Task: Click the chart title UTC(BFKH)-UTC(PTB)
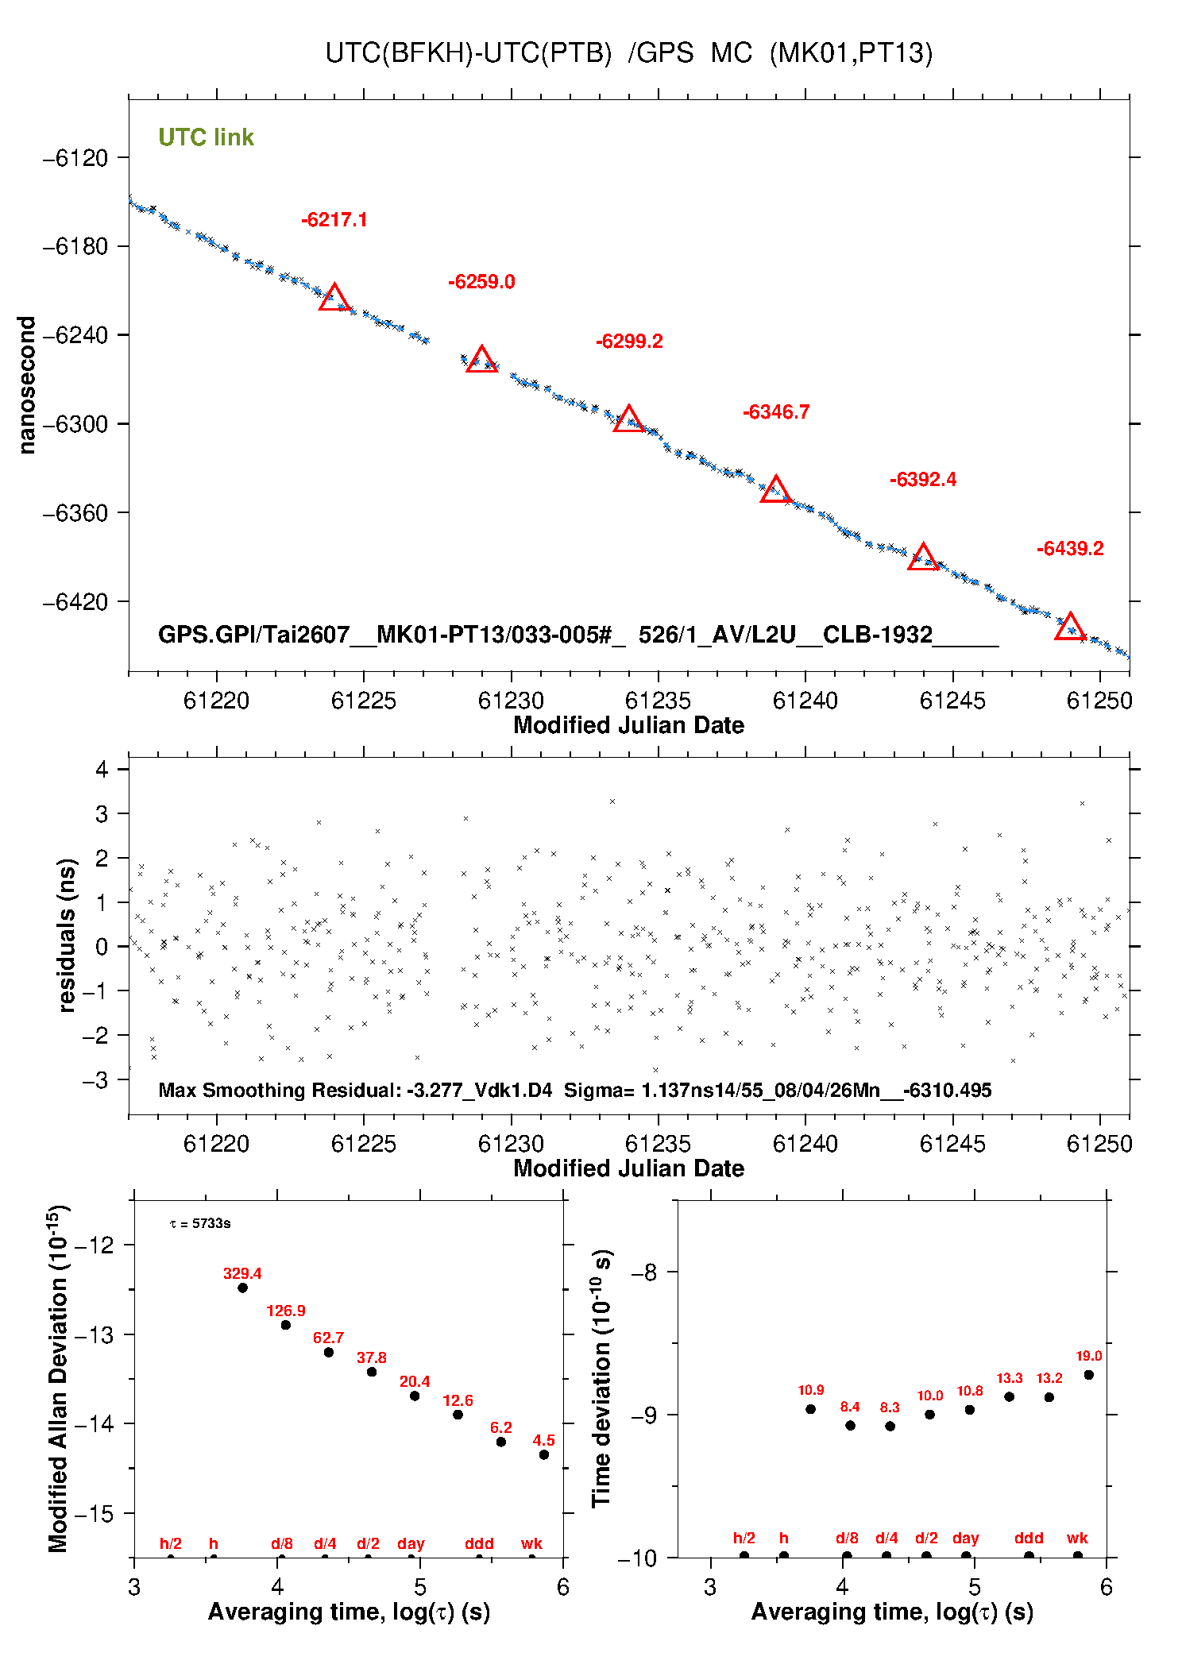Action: coord(469,53)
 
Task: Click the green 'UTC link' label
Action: coord(206,137)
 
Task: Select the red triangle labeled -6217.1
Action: coord(334,297)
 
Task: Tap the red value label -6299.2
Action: coord(629,342)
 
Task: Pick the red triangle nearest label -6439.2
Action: coord(1070,626)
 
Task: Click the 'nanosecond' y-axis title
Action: coord(26,385)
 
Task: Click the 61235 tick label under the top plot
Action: coord(658,701)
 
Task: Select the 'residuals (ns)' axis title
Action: coord(67,935)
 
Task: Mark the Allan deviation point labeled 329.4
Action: coord(242,1288)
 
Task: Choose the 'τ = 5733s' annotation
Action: coord(200,1223)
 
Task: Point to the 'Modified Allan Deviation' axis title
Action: coord(58,1378)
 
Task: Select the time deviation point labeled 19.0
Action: coord(1088,1375)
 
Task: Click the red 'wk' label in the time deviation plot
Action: coord(1077,1538)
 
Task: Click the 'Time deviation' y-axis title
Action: coord(601,1378)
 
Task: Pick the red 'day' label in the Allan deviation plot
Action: coord(411,1543)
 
